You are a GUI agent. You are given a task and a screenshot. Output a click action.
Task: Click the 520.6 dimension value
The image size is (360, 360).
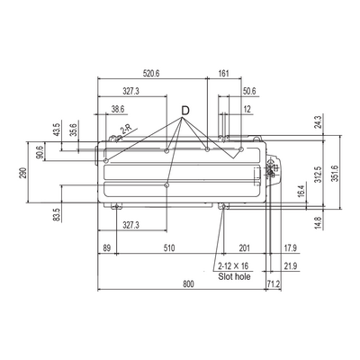point(151,74)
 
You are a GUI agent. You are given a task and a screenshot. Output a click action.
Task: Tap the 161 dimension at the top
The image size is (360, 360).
point(224,74)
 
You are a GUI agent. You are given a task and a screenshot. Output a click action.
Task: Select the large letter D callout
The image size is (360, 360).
point(185,111)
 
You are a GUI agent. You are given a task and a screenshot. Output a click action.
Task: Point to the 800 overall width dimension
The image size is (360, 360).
point(189,284)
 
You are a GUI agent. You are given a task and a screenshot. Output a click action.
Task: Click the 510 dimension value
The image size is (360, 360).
point(169,248)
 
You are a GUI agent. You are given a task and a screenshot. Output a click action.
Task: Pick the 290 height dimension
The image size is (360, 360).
point(23,173)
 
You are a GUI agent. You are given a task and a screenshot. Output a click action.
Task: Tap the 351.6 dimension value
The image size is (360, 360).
point(335,174)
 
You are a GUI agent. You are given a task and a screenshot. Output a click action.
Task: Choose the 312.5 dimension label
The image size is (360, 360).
point(319,175)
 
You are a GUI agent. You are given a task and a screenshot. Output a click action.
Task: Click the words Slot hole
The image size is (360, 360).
point(234,276)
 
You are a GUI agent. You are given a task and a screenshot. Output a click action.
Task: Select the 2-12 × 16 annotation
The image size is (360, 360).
point(233,265)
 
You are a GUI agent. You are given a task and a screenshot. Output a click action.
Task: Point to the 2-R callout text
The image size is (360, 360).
point(126,130)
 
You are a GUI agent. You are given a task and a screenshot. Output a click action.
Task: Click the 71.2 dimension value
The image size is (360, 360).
point(274,284)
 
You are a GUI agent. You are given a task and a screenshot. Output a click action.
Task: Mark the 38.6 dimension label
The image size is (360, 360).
point(118,109)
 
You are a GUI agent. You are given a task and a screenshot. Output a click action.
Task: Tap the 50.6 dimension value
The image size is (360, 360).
point(249,91)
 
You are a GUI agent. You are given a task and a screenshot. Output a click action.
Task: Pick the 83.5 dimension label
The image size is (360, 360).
point(57,215)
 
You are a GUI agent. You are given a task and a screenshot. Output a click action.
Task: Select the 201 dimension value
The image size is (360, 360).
point(244,248)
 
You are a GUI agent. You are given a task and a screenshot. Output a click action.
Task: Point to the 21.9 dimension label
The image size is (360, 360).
point(291,265)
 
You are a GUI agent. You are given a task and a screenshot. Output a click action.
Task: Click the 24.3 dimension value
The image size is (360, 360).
point(319,122)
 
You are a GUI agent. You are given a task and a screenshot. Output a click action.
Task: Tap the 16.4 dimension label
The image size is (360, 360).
point(301,191)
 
